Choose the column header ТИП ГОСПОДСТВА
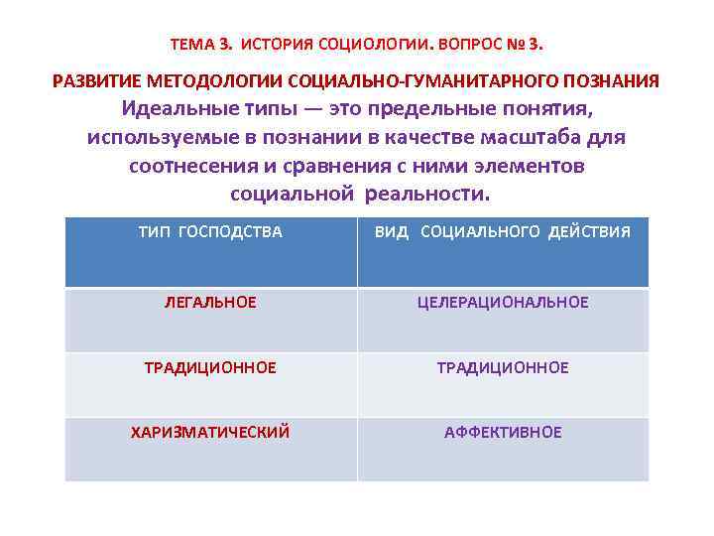click(x=210, y=232)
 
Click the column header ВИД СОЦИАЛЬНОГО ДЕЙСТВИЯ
click(x=502, y=232)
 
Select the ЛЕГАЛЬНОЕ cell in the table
click(x=210, y=302)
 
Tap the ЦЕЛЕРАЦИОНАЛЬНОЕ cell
click(x=503, y=302)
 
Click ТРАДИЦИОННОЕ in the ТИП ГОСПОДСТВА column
click(x=210, y=367)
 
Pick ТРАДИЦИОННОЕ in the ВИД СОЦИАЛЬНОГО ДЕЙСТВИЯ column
click(x=503, y=367)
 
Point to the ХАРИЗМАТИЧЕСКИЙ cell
click(x=210, y=432)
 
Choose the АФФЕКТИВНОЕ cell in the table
click(x=503, y=432)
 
